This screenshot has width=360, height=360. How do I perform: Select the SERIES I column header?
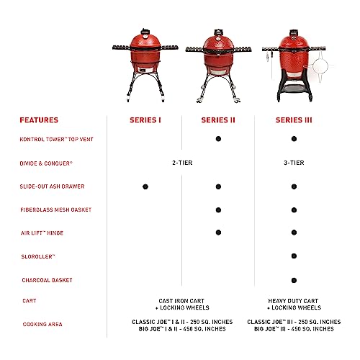(x=143, y=120)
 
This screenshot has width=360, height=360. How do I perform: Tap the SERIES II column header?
(x=217, y=120)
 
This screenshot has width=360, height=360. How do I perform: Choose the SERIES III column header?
(x=293, y=120)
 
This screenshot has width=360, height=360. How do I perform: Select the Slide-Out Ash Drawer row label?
(x=52, y=186)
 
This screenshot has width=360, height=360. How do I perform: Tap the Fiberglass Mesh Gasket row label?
(x=55, y=210)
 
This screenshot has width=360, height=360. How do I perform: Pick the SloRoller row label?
(x=37, y=256)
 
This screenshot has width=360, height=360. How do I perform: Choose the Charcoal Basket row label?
(x=46, y=280)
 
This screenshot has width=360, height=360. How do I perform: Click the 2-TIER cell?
(x=181, y=163)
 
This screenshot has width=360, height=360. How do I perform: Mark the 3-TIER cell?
(x=293, y=163)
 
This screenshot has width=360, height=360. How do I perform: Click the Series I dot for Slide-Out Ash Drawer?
(x=144, y=186)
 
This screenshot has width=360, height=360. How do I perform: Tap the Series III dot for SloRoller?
(x=294, y=256)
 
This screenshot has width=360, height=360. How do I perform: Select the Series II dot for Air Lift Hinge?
(x=217, y=233)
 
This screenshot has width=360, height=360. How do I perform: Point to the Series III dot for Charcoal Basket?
(x=294, y=280)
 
